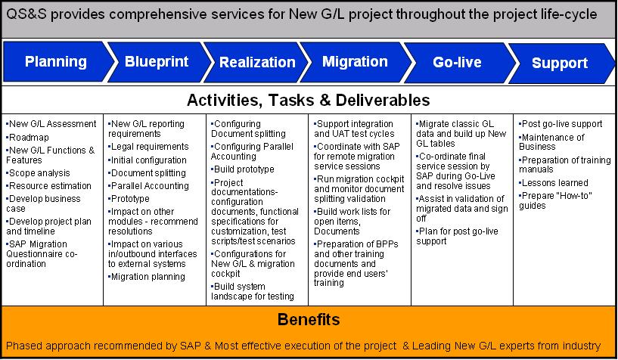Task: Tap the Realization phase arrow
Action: pos(257,62)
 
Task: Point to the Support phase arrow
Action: pos(561,63)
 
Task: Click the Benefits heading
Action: pos(309,319)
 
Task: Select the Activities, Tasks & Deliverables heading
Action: pos(308,100)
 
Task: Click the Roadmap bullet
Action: pos(27,138)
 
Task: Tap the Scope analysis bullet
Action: pos(38,173)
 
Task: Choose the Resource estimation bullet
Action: pos(48,185)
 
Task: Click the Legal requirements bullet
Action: pos(148,147)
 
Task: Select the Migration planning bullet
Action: pos(147,277)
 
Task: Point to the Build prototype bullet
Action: pos(243,169)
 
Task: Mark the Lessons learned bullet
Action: pos(554,183)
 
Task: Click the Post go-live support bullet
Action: pos(561,124)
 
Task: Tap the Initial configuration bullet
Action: pos(148,160)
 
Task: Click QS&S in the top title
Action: pos(26,14)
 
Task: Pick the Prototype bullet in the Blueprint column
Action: pos(129,198)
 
